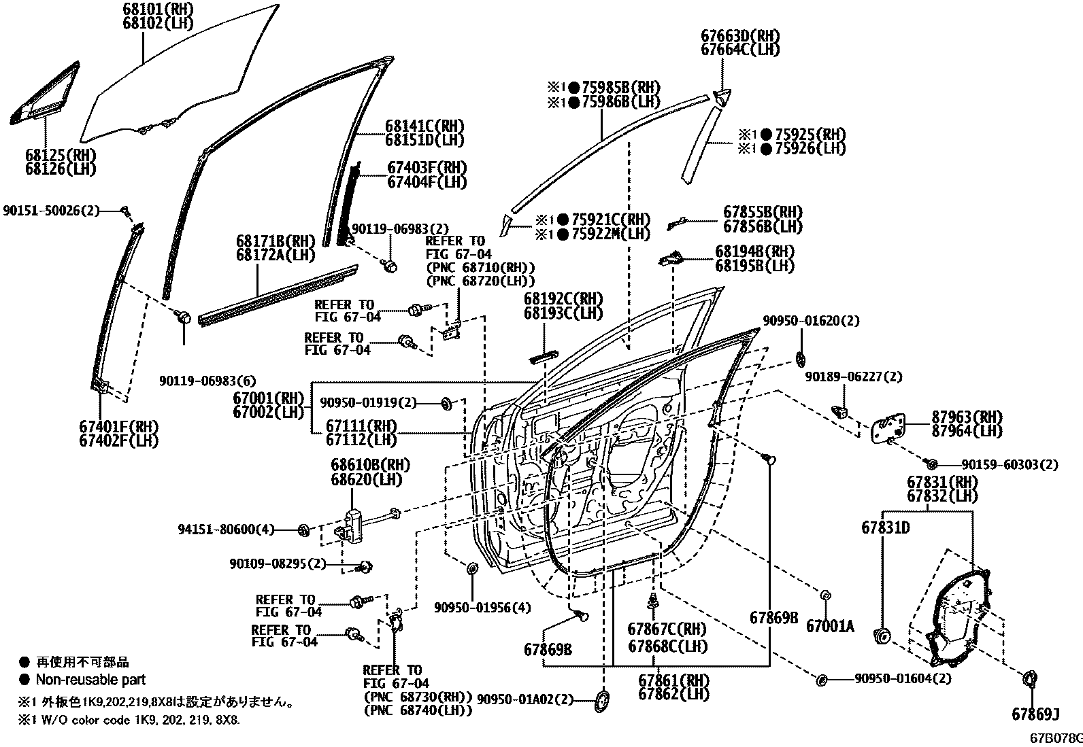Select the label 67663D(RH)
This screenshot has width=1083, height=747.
click(740, 35)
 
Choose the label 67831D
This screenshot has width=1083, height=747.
click(885, 527)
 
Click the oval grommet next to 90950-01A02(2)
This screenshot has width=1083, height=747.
click(603, 701)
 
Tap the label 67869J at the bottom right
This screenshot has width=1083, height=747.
click(1035, 714)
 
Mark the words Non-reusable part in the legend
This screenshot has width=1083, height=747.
click(90, 679)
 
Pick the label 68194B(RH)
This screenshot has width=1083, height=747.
click(754, 251)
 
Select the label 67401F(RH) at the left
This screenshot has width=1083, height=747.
click(118, 426)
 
